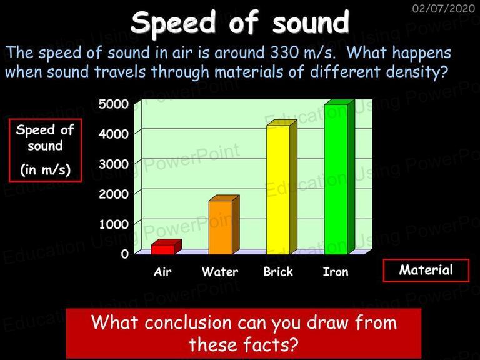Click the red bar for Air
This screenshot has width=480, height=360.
166,247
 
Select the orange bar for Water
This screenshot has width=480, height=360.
224,225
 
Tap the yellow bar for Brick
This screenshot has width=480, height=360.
282,187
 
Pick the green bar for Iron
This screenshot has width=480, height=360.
339,177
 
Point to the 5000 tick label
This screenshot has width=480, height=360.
114,104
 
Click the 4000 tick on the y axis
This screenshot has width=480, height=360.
114,134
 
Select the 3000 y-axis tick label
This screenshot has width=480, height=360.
114,164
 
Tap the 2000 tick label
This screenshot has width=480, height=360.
114,194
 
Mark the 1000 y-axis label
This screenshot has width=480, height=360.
114,224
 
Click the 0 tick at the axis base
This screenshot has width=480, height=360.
124,254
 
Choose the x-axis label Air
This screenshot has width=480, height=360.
162,271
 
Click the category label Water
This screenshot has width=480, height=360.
220,271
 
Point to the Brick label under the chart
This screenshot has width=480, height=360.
278,271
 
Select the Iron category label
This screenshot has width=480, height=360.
336,271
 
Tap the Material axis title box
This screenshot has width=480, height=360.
426,270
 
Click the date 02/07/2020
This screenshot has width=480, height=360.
443,8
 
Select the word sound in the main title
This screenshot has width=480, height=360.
311,23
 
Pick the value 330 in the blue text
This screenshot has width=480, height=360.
284,52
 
